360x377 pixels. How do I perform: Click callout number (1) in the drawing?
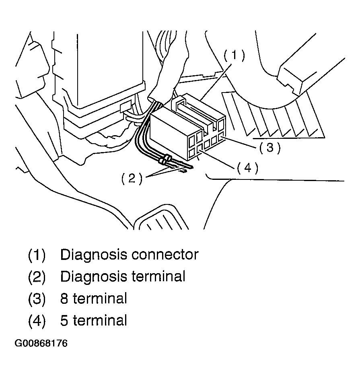click(x=235, y=55)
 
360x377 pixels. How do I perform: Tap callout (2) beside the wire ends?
click(x=132, y=178)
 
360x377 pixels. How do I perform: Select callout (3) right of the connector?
click(x=270, y=147)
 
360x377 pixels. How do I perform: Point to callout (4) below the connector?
click(x=248, y=168)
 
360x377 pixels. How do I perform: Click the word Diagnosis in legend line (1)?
click(x=93, y=255)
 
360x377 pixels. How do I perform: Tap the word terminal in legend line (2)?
click(x=158, y=276)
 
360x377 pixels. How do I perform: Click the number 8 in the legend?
click(x=64, y=299)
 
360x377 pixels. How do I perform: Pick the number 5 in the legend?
click(x=64, y=321)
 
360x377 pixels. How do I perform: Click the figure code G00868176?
click(x=41, y=343)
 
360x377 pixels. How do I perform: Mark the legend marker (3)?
click(x=37, y=299)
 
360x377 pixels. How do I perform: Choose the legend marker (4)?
click(x=37, y=321)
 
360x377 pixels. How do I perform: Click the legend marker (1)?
click(x=37, y=255)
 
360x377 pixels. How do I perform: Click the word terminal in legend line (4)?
click(x=100, y=321)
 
